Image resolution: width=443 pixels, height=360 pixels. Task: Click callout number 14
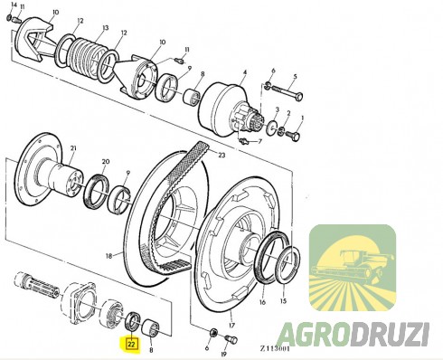click(12, 6)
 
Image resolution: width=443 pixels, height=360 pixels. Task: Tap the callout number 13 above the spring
click(105, 28)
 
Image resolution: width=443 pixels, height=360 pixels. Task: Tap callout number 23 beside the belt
click(221, 155)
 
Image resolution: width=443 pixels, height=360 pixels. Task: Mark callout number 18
click(108, 256)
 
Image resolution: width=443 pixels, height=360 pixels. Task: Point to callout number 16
click(262, 304)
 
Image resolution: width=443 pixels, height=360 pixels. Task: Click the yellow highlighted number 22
click(132, 344)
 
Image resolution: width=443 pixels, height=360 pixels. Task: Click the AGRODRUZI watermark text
click(353, 333)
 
